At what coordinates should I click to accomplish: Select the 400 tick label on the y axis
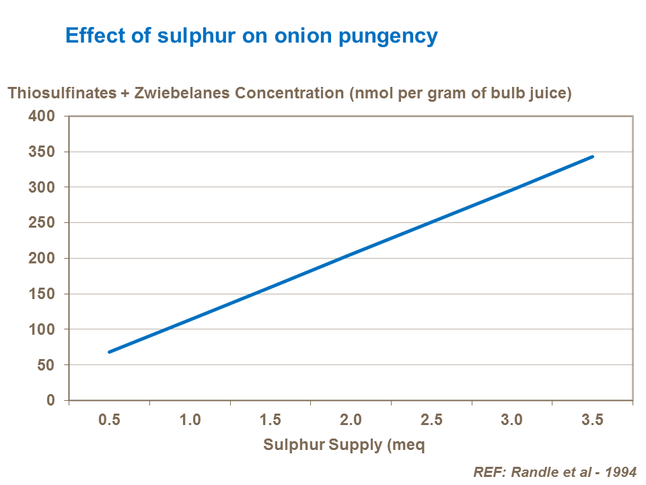tap(42, 116)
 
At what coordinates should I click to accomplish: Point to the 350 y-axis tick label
tap(42, 152)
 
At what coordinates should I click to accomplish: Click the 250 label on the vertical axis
tap(42, 222)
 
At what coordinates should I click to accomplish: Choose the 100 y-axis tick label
tap(42, 329)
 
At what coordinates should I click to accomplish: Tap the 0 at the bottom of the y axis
tap(50, 400)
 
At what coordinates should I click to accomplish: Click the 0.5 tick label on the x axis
tap(109, 420)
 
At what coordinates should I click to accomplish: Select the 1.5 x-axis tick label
tap(270, 420)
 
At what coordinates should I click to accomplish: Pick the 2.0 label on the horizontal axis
tap(351, 420)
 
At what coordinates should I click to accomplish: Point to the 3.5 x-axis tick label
tap(592, 420)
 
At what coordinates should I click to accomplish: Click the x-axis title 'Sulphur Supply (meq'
tap(344, 445)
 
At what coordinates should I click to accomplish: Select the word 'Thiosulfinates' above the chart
tap(62, 94)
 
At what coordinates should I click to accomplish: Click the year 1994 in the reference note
tap(620, 472)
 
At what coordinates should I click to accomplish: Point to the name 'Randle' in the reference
tap(534, 472)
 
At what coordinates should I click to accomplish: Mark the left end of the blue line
tap(109, 352)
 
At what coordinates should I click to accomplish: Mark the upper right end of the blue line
tap(593, 156)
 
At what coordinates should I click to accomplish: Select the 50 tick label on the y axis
tap(45, 364)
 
